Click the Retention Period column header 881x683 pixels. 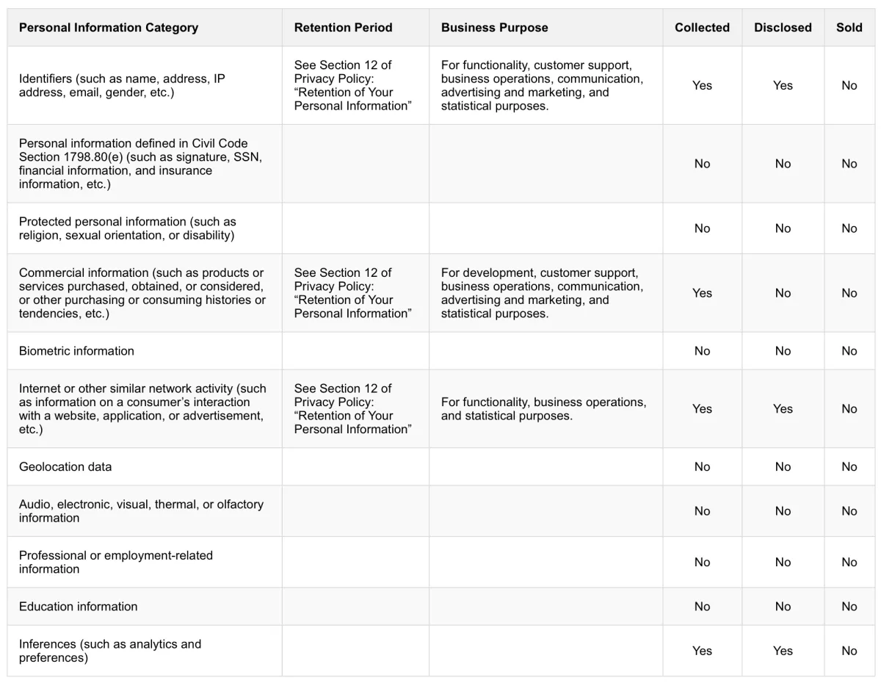pyautogui.click(x=343, y=28)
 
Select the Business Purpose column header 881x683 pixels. pyautogui.click(x=494, y=28)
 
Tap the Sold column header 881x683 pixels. pyautogui.click(x=849, y=28)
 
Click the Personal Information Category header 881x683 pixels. pyautogui.click(x=109, y=28)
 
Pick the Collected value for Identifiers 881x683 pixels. pyautogui.click(x=702, y=85)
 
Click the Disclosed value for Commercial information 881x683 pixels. pyautogui.click(x=783, y=293)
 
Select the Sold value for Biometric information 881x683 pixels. pyautogui.click(x=849, y=351)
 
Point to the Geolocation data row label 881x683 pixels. pyautogui.click(x=65, y=467)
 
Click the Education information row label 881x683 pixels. pyautogui.click(x=78, y=607)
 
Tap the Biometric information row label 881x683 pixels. pyautogui.click(x=76, y=351)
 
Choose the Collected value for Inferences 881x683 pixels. pyautogui.click(x=702, y=651)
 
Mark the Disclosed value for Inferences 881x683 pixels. pyautogui.click(x=783, y=651)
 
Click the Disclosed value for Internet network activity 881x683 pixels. pyautogui.click(x=783, y=409)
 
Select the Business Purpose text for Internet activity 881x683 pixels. pyautogui.click(x=543, y=409)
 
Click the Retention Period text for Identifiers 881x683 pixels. pyautogui.click(x=352, y=85)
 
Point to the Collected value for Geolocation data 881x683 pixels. pyautogui.click(x=702, y=467)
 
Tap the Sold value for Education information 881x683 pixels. pyautogui.click(x=849, y=607)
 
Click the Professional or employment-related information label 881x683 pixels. pyautogui.click(x=115, y=562)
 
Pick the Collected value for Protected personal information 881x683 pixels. pyautogui.click(x=702, y=228)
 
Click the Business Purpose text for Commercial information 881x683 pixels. pyautogui.click(x=542, y=293)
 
